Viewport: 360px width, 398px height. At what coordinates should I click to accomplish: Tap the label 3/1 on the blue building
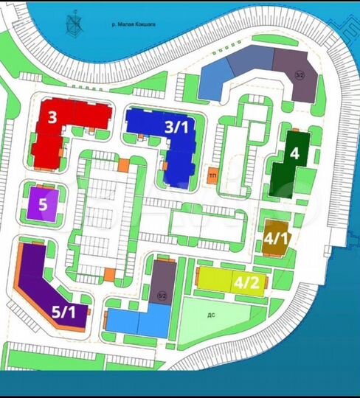pyautogui.click(x=177, y=127)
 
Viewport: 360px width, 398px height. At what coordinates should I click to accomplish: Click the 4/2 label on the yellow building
pyautogui.click(x=246, y=282)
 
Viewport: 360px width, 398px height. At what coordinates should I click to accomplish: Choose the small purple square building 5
pyautogui.click(x=43, y=204)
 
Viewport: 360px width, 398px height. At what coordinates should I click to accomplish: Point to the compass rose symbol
pyautogui.click(x=73, y=24)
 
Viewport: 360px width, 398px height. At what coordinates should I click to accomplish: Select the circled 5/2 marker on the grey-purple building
pyautogui.click(x=162, y=296)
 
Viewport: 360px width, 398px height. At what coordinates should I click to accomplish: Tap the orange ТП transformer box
pyautogui.click(x=212, y=175)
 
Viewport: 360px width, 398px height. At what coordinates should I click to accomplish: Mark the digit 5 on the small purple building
pyautogui.click(x=43, y=204)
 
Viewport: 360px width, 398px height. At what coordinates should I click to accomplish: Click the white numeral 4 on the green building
pyautogui.click(x=294, y=153)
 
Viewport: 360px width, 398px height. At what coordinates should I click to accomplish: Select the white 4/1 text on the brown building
pyautogui.click(x=277, y=237)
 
